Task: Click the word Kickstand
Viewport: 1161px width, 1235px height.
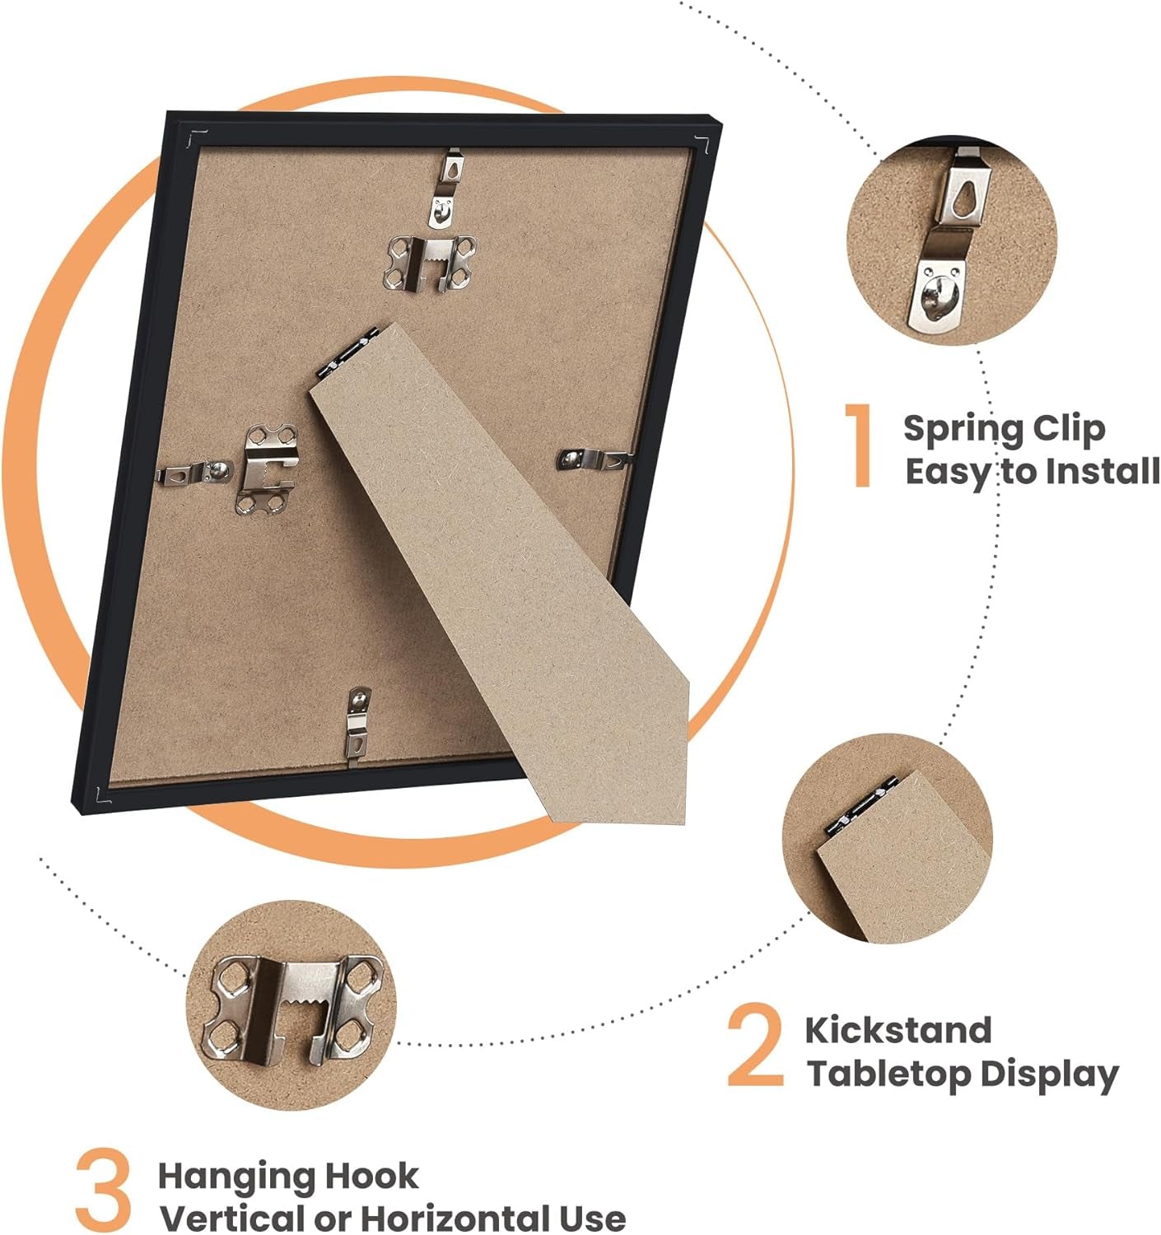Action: pyautogui.click(x=898, y=1030)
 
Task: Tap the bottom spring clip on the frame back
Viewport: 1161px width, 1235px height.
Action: pyautogui.click(x=358, y=723)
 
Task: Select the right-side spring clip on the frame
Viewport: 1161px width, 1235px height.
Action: pyautogui.click(x=594, y=459)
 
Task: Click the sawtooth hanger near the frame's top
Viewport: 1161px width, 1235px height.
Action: pyautogui.click(x=430, y=263)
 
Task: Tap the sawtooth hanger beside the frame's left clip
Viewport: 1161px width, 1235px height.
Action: pyautogui.click(x=266, y=468)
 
